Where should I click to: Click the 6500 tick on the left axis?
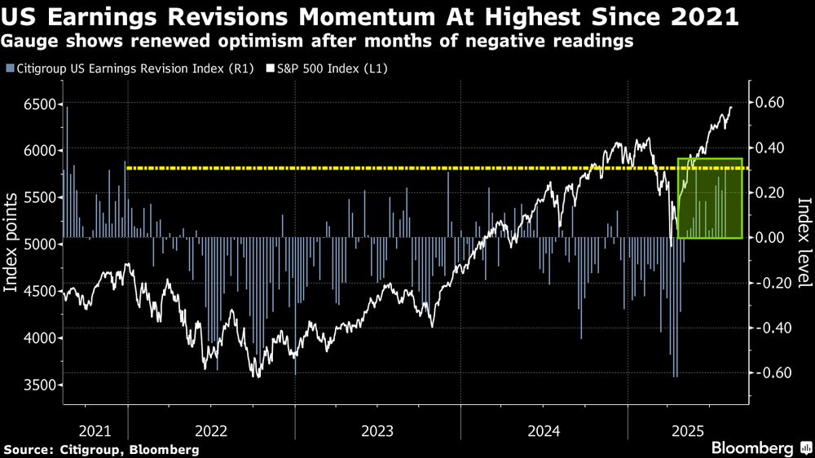[x=37, y=104]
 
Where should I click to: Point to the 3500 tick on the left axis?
[x=37, y=385]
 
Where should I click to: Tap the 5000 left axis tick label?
[x=37, y=244]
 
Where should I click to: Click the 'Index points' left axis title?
[x=13, y=244]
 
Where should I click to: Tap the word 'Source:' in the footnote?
[x=29, y=449]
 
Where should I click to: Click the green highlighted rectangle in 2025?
[x=709, y=198]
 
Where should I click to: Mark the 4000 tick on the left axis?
[x=37, y=338]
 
